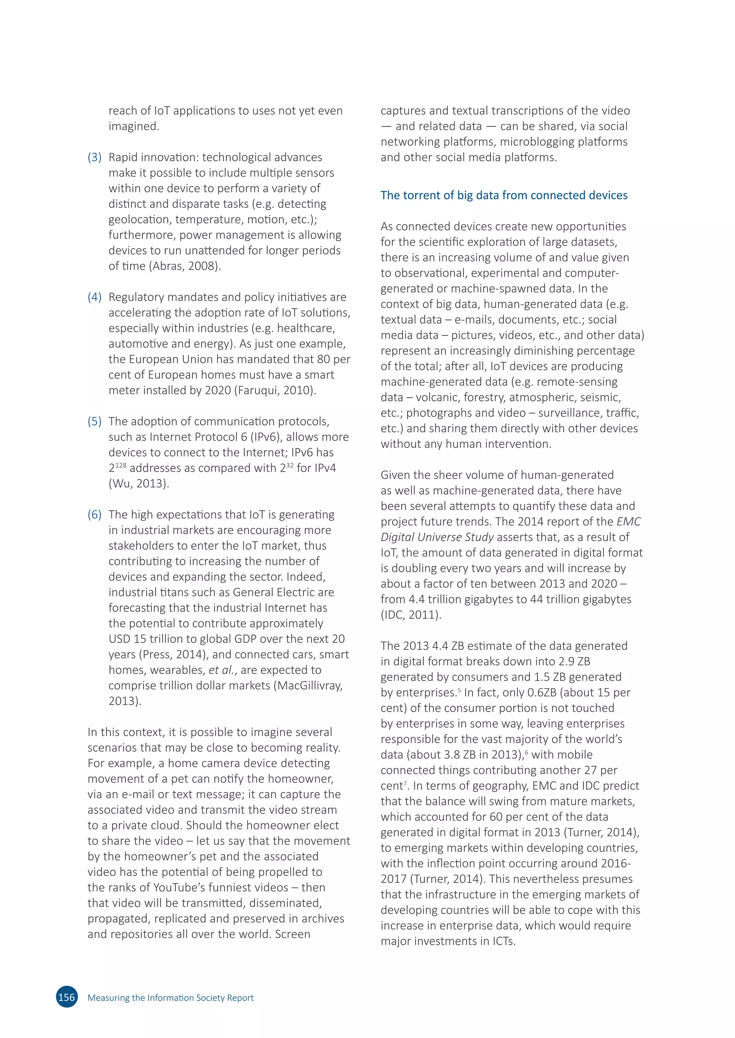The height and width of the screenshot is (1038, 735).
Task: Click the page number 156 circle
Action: pos(66,997)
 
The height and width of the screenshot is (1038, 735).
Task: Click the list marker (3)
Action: pos(95,157)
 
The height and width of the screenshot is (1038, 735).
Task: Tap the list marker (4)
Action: pos(95,297)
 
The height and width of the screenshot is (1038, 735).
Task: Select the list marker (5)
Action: pos(95,422)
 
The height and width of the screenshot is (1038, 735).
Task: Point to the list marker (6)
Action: pos(95,514)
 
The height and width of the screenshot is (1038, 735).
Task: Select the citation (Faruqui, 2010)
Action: pos(274,390)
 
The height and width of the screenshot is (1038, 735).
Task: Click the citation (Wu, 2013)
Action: pos(139,483)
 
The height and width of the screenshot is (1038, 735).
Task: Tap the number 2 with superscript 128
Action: pos(117,467)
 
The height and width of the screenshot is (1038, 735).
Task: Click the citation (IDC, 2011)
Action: pos(411,615)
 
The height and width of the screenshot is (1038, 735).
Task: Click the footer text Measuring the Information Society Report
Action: pos(170,998)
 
